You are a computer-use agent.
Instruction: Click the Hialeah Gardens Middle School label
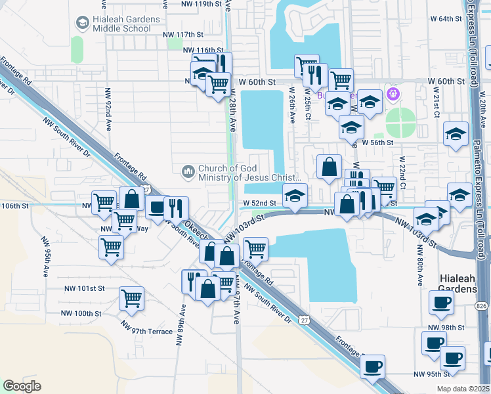tap(126, 24)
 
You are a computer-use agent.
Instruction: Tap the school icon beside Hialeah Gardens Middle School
tap(82, 24)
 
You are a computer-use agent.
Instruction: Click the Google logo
tap(22, 386)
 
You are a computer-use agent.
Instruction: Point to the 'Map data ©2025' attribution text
tap(463, 389)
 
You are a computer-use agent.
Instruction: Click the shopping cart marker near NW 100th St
tap(131, 297)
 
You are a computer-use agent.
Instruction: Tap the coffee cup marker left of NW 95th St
tap(372, 366)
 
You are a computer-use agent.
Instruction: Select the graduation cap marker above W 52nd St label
tap(295, 195)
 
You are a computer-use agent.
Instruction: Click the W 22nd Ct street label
tap(403, 172)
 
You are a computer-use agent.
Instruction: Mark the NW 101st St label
tap(85, 288)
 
